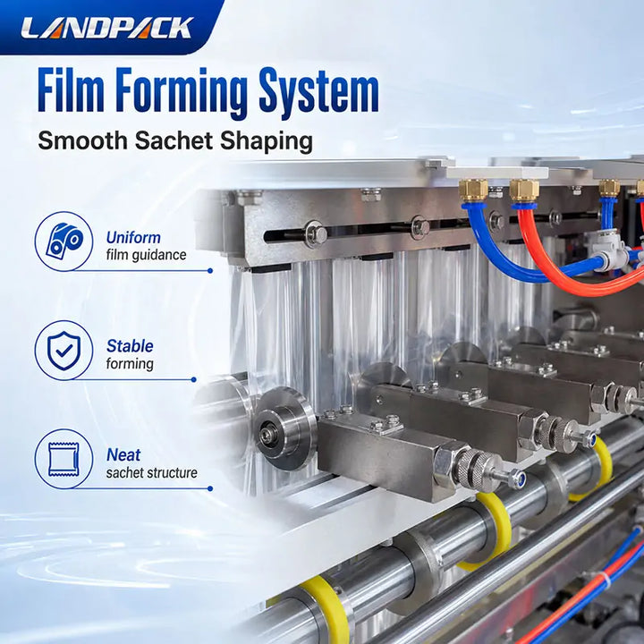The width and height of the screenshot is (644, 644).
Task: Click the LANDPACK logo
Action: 106,28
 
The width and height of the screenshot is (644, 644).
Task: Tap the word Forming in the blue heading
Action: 182,95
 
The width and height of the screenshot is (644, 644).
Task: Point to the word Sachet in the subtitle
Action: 175,141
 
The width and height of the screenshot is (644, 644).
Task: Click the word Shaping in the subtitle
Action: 267,142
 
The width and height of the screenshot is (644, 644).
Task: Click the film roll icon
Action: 64,241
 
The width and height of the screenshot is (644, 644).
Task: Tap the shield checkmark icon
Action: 64,350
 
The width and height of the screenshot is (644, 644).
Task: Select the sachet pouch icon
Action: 64,459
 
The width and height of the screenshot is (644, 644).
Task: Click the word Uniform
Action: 133,238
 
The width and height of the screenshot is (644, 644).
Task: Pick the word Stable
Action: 130,346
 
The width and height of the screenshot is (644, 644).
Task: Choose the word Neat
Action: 123,455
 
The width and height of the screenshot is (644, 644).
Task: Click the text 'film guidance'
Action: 146,255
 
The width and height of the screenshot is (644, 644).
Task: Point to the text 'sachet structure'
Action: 151,473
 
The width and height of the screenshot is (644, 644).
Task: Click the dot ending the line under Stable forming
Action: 194,380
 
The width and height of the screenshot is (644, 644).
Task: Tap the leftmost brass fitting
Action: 473,190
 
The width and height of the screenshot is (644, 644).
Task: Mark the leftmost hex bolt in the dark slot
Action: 316,235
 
